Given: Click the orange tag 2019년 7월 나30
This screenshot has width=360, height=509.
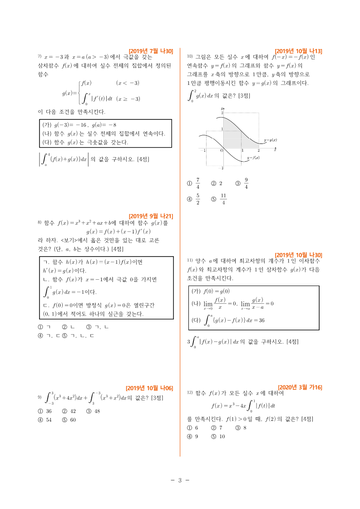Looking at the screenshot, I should (x=151, y=51).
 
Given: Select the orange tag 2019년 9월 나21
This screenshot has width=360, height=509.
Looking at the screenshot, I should (x=151, y=216).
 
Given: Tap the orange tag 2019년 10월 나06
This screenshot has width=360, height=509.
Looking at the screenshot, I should (x=149, y=388).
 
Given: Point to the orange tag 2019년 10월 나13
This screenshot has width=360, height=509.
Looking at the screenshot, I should (x=298, y=51).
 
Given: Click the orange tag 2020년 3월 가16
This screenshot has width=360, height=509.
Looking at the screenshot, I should (x=300, y=387).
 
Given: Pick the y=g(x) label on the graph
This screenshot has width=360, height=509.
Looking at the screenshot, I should (x=270, y=140).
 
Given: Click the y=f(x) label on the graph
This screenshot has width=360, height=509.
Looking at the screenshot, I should (x=253, y=158).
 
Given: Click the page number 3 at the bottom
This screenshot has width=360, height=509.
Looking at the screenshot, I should (x=180, y=480).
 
